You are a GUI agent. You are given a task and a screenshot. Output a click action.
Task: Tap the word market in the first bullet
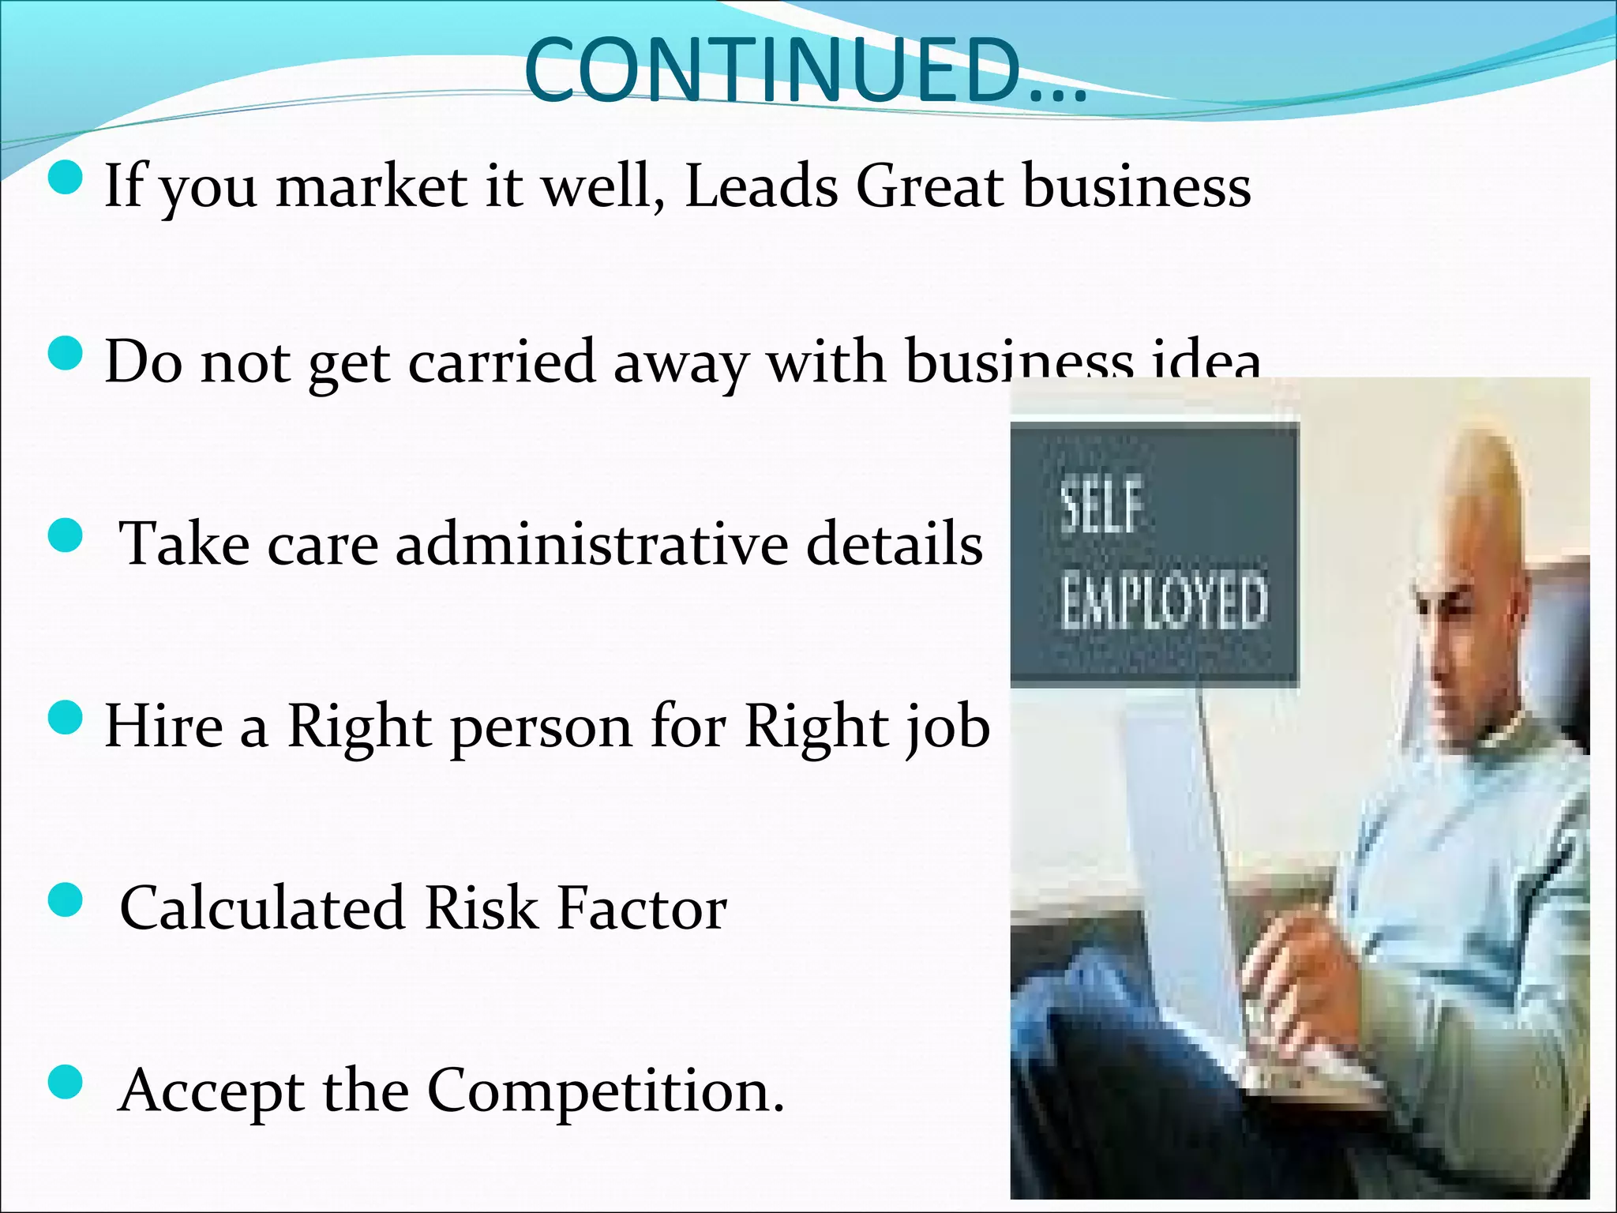[371, 187]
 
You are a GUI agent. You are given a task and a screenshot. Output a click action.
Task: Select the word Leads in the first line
[761, 187]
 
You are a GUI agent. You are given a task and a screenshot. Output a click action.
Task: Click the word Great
[930, 187]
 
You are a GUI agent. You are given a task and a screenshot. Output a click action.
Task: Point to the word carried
[502, 362]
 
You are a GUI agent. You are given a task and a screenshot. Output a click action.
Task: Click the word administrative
[592, 544]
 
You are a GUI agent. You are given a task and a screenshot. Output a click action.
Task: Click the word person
[542, 727]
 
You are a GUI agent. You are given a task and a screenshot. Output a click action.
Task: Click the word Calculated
[263, 908]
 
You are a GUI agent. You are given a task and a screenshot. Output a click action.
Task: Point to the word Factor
[642, 908]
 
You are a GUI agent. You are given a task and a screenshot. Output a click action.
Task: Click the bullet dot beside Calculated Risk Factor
[66, 902]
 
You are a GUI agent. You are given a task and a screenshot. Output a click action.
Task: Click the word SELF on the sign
[1101, 508]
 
